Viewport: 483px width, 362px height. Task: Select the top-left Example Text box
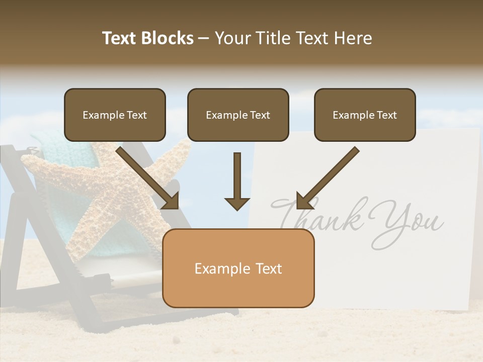pos(115,115)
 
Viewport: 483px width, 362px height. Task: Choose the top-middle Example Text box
pos(238,115)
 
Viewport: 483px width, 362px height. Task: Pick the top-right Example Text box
pos(365,115)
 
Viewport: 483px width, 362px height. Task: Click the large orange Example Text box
pos(238,268)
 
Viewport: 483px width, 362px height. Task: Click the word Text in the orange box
pos(269,268)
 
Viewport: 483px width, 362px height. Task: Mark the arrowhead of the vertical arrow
pos(237,203)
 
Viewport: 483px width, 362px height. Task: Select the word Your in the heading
pos(232,38)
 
